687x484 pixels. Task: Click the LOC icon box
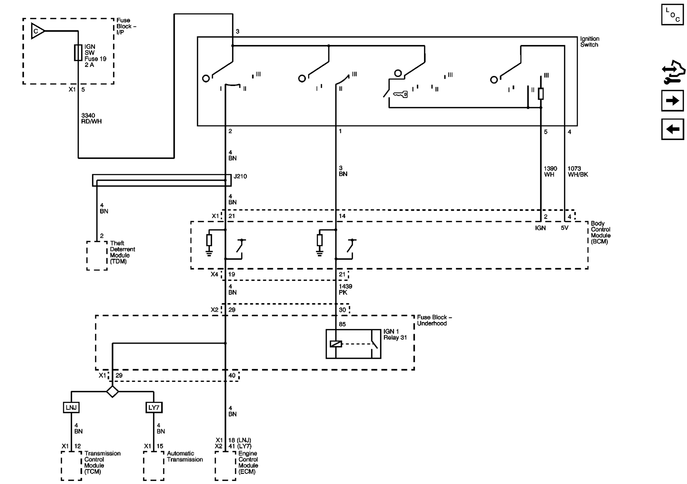(x=672, y=15)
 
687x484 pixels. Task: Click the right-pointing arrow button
(x=672, y=101)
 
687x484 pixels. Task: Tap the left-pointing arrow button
(x=672, y=129)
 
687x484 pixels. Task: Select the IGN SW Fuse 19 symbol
(x=78, y=53)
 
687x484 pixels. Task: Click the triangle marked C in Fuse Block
(x=37, y=31)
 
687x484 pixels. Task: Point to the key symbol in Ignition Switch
(x=400, y=94)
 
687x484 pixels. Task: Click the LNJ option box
(x=71, y=408)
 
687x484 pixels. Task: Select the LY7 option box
(x=154, y=408)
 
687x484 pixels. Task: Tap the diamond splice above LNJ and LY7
(x=112, y=391)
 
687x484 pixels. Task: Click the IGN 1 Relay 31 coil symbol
(x=336, y=344)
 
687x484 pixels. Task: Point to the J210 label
(x=240, y=176)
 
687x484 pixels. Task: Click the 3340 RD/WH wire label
(x=91, y=118)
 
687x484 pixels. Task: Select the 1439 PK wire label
(x=345, y=289)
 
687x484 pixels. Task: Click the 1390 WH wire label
(x=550, y=171)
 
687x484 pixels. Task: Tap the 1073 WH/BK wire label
(x=578, y=171)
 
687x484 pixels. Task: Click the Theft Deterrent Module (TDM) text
(x=122, y=252)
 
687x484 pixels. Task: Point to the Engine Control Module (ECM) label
(x=248, y=462)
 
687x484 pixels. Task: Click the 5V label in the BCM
(x=564, y=228)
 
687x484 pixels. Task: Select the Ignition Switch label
(x=590, y=42)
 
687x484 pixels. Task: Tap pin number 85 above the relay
(x=342, y=324)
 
